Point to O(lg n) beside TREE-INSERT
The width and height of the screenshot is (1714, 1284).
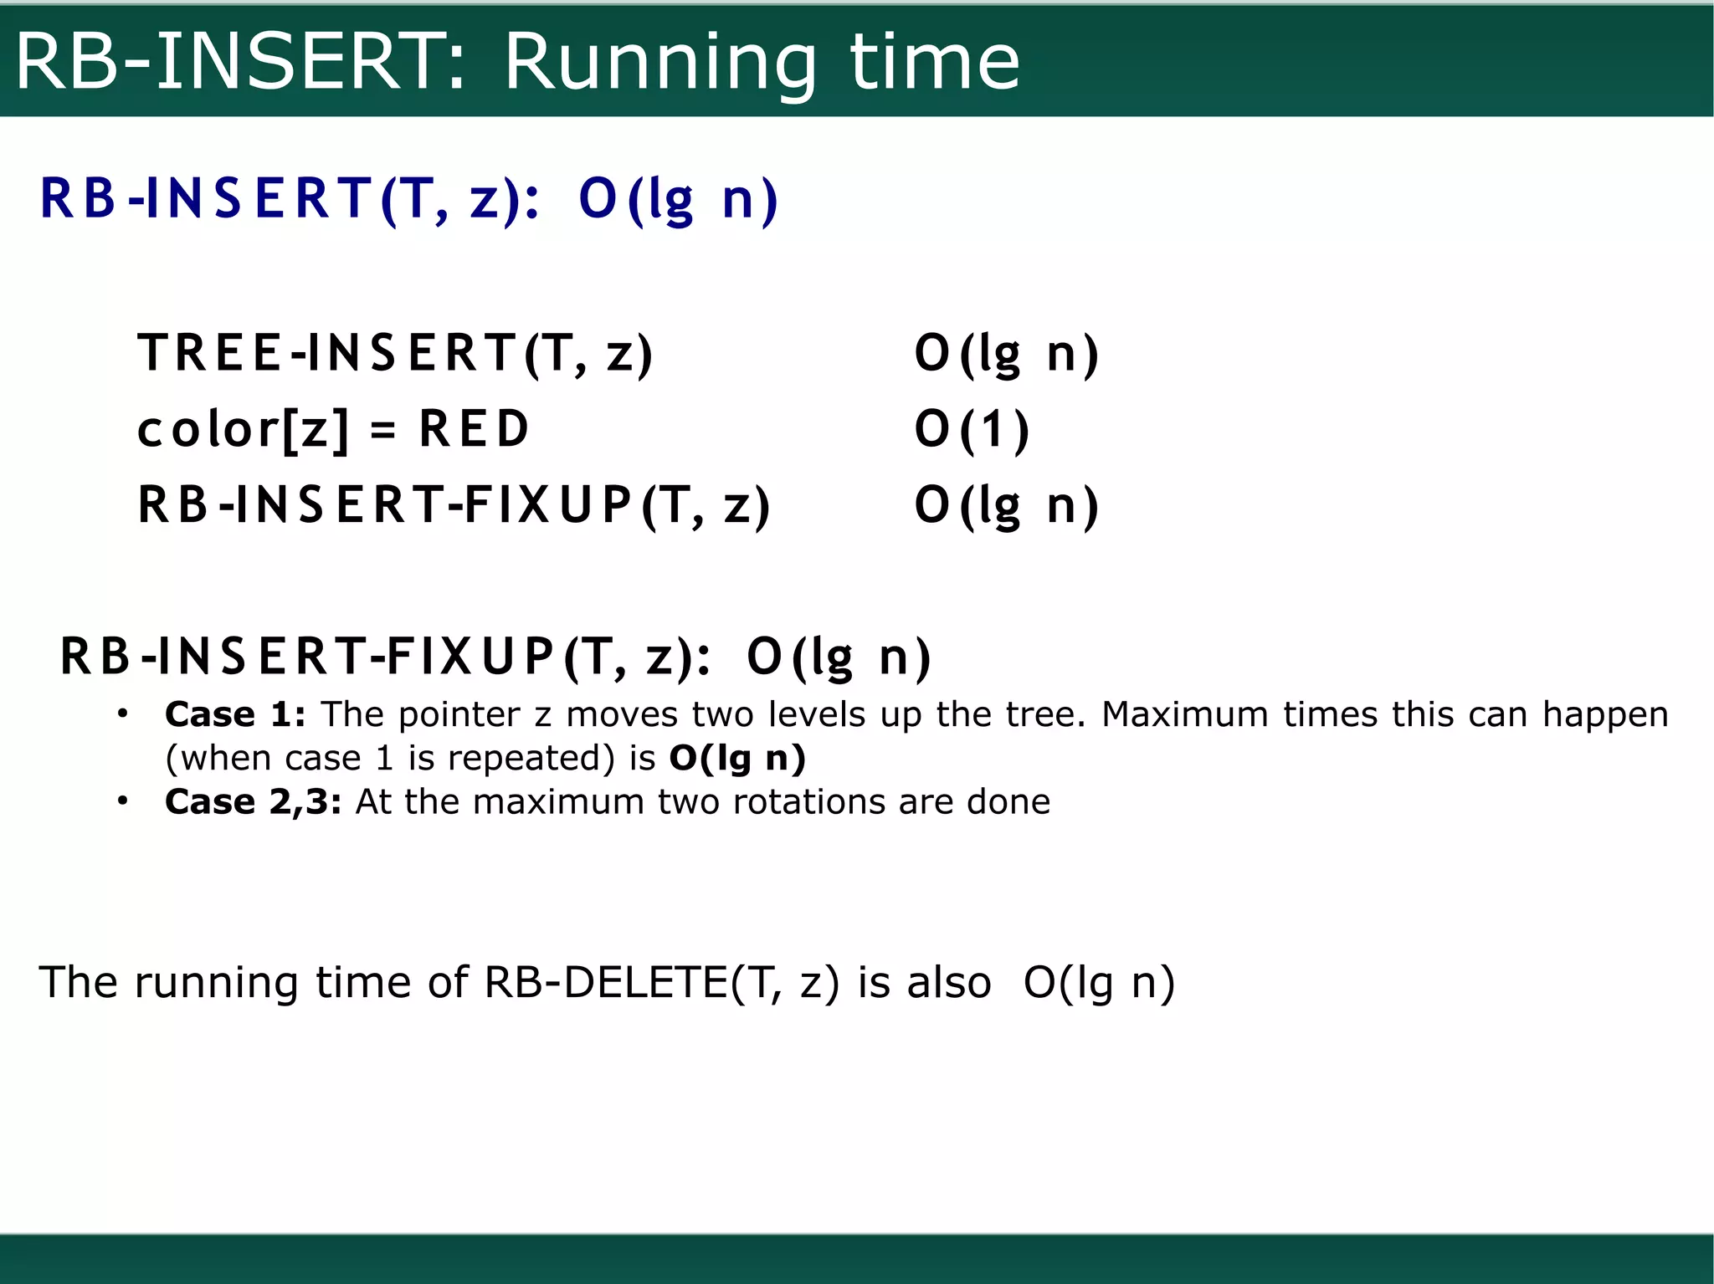coord(1006,352)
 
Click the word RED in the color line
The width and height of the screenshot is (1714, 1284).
coord(474,429)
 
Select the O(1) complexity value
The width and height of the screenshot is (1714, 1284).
coord(971,429)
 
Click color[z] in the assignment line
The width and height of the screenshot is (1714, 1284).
coord(243,429)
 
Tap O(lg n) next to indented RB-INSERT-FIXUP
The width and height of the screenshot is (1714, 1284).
coord(1006,505)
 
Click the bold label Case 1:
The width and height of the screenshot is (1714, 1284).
coord(235,714)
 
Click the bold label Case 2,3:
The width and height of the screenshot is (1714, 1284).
coord(253,801)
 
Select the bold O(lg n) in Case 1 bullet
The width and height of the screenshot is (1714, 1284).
coord(737,758)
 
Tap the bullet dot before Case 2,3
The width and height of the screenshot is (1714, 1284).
coord(123,801)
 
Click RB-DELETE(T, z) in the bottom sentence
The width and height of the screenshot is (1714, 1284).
coord(661,982)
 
